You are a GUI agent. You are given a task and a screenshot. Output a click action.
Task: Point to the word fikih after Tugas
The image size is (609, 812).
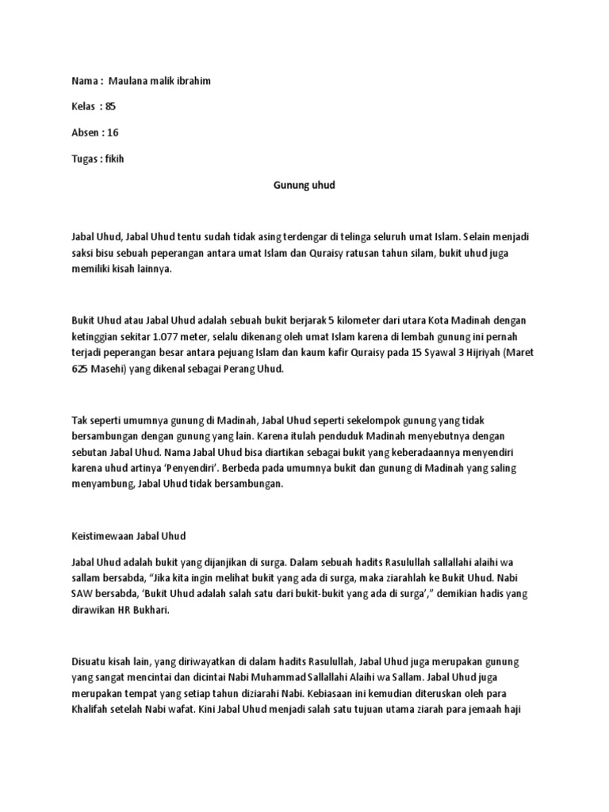pos(114,159)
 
